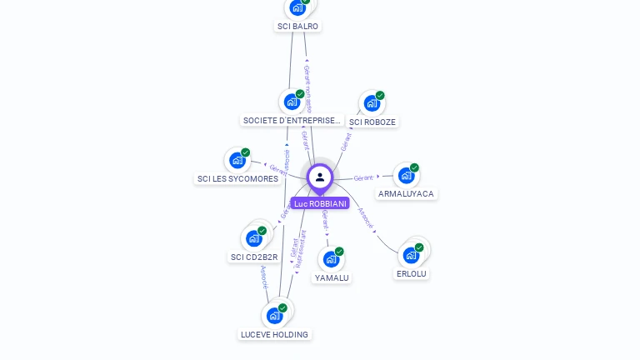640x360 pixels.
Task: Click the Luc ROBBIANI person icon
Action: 320,177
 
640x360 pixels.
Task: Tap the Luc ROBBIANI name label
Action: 320,203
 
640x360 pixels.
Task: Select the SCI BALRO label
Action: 297,26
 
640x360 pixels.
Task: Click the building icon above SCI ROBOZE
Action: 372,103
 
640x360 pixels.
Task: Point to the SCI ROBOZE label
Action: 372,122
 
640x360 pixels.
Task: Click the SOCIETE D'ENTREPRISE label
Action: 292,120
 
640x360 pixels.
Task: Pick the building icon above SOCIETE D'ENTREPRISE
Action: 292,102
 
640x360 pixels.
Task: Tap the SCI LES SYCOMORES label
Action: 237,178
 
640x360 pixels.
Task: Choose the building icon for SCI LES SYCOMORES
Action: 237,160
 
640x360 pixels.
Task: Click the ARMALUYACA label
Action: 406,193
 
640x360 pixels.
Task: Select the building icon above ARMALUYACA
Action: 406,175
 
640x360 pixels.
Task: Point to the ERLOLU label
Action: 411,273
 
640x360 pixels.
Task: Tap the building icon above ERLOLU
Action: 411,255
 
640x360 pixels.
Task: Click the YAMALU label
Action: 332,277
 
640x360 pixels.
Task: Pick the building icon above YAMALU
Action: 331,259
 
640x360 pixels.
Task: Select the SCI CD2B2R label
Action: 254,257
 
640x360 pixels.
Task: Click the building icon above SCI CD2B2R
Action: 254,238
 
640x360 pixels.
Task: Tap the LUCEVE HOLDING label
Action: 274,334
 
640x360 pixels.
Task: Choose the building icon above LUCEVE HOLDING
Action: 274,316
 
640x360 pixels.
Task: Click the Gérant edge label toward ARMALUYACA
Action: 363,177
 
